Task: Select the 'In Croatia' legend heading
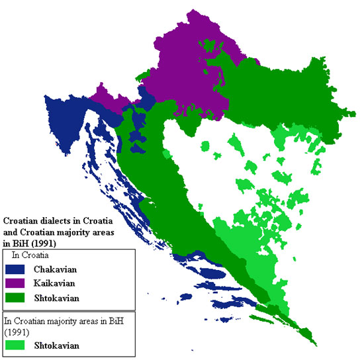30,255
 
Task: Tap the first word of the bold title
22,220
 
